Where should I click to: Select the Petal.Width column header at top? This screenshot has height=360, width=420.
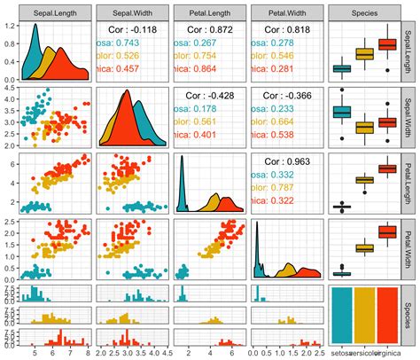click(284, 13)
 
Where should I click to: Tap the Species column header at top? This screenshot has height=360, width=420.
click(361, 13)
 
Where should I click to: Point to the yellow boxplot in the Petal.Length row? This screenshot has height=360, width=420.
click(363, 180)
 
